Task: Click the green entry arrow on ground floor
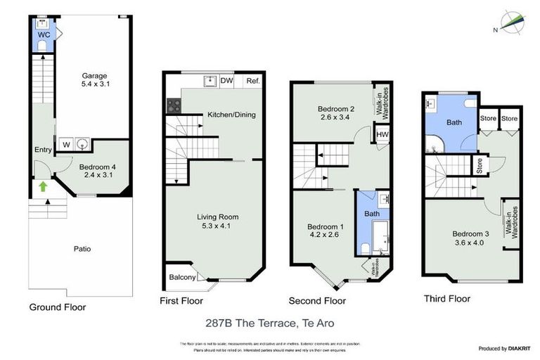coord(44,186)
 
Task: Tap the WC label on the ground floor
coord(43,33)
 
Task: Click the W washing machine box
coord(65,144)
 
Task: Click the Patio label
coord(82,248)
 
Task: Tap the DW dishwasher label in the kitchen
coord(226,81)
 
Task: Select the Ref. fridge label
coord(252,81)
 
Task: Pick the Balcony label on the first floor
coord(181,277)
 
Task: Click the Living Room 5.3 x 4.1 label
coord(217,221)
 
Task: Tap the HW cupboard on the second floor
coord(382,135)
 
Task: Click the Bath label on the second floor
coord(371,212)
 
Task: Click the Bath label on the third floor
coord(454,122)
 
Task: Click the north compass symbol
coord(510,23)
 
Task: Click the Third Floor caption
coord(446,298)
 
